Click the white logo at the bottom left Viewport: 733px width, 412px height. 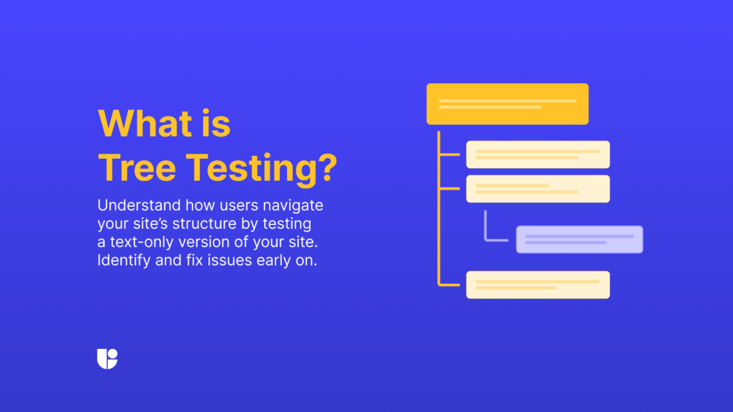point(107,358)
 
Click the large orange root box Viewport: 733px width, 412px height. point(508,104)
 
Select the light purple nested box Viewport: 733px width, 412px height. point(579,240)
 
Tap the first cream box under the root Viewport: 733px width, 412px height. point(538,154)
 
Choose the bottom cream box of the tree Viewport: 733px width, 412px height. point(538,285)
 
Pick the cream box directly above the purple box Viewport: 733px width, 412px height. point(538,189)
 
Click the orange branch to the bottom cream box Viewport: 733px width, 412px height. point(450,285)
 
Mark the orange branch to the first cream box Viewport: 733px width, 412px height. point(450,154)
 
